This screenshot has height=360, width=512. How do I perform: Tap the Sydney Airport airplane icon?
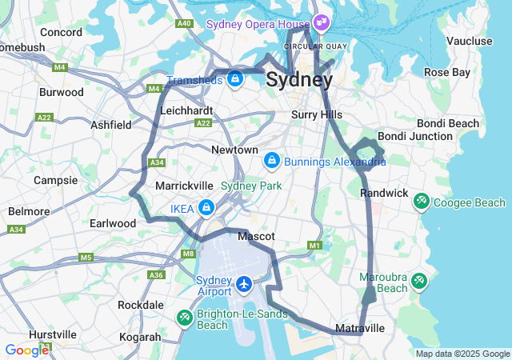click(244, 284)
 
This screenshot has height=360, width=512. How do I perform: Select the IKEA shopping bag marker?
click(206, 209)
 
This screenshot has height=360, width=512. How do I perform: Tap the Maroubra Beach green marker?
click(419, 282)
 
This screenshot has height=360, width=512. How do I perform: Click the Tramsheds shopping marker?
click(235, 79)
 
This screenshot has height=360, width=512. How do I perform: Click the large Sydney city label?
click(299, 80)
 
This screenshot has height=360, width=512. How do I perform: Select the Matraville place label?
click(360, 329)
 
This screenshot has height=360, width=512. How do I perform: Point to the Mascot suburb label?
click(256, 237)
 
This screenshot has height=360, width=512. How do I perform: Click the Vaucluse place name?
click(469, 41)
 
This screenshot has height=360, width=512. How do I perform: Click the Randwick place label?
click(384, 194)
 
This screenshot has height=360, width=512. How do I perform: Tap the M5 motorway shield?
click(86, 258)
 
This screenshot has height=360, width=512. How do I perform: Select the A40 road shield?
click(185, 23)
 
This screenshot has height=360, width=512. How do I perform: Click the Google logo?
click(26, 350)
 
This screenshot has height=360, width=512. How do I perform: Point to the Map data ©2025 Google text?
click(462, 354)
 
